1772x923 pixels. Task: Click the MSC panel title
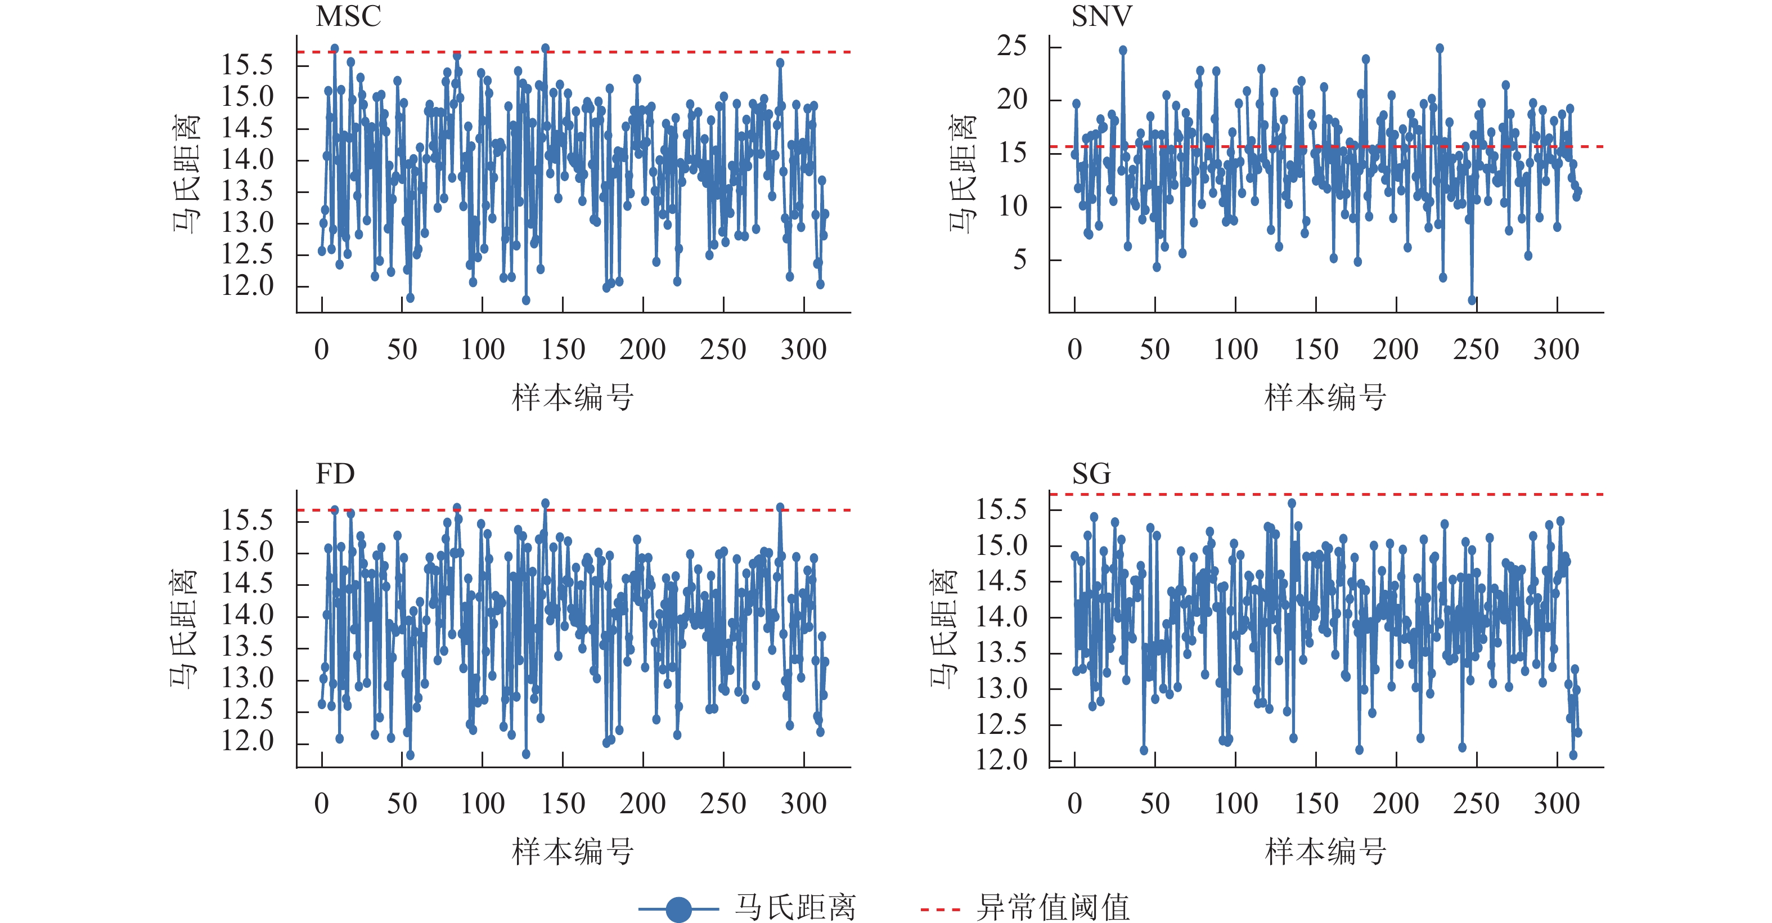tap(348, 16)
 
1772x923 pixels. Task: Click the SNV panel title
tap(1101, 16)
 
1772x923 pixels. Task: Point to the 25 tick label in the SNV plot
tap(1012, 46)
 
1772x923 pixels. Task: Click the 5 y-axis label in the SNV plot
tap(1019, 259)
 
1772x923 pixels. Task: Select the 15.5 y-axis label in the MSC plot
tap(247, 65)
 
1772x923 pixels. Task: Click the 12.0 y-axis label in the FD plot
tap(247, 741)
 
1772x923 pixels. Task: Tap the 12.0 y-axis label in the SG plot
tap(1001, 760)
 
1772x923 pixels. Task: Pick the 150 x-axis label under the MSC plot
tap(563, 350)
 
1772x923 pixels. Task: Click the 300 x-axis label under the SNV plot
tap(1556, 350)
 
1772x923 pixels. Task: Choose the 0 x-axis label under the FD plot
tap(321, 804)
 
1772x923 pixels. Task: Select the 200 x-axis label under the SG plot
tap(1396, 804)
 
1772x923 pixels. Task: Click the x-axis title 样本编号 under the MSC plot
tap(572, 398)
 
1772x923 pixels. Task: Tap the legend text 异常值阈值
tap(1053, 908)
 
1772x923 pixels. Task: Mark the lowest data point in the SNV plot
tap(1472, 300)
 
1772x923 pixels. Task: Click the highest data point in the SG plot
tap(1292, 503)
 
